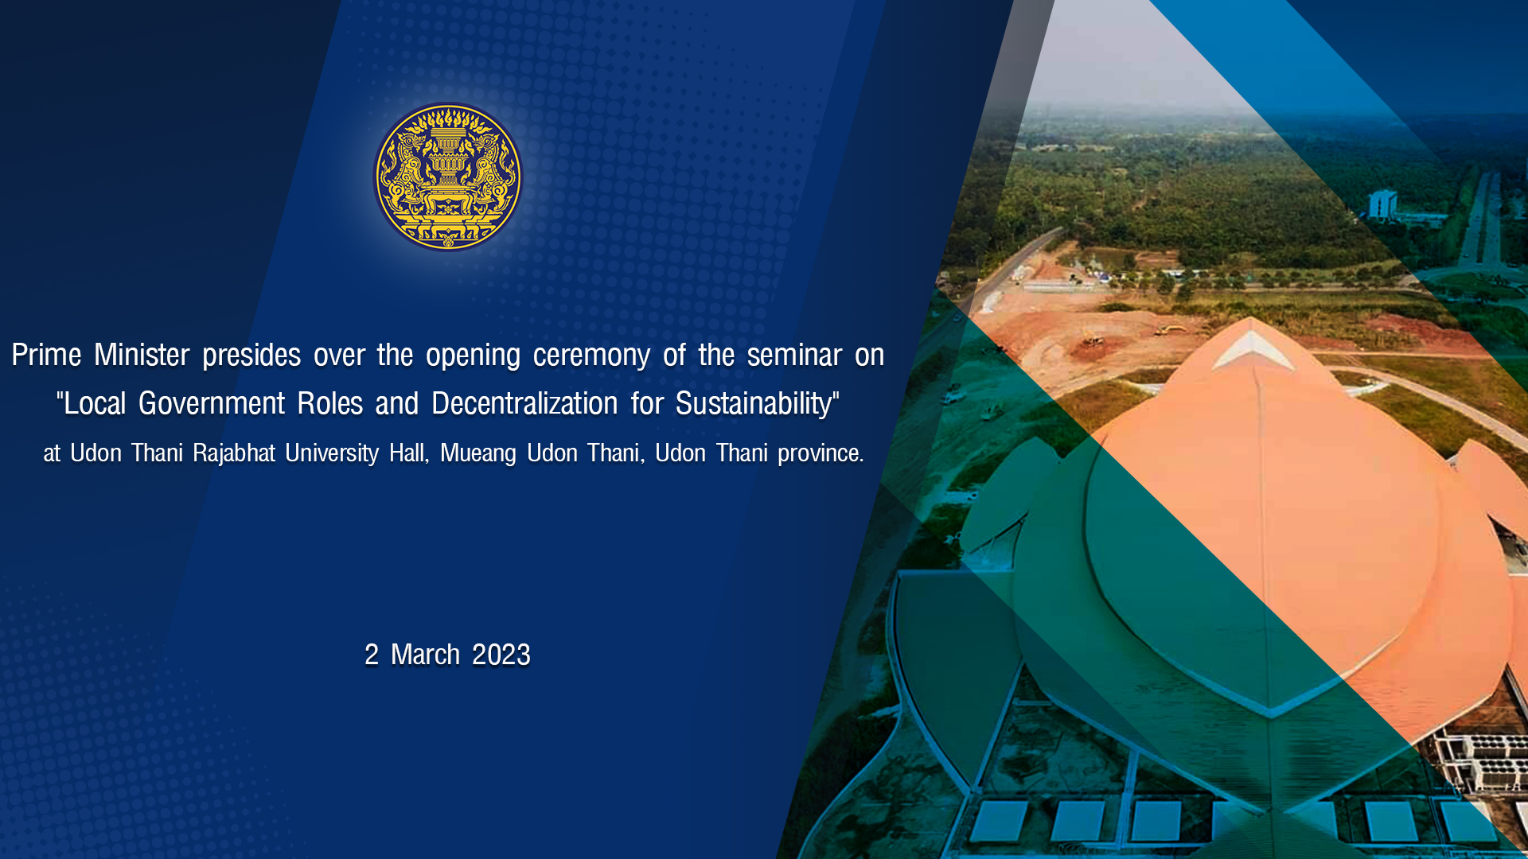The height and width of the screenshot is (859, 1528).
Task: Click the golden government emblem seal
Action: [x=448, y=177]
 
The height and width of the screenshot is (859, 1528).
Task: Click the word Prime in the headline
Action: [x=46, y=355]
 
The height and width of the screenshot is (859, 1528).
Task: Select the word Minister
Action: [x=142, y=355]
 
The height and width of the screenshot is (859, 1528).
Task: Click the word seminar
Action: [x=794, y=355]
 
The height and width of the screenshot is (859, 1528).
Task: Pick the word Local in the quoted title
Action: [x=95, y=403]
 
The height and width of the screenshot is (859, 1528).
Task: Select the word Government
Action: [x=212, y=403]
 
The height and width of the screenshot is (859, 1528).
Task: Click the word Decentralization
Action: [x=524, y=403]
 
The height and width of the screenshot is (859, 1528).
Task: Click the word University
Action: [x=332, y=453]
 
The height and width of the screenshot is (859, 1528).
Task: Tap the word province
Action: [x=821, y=454]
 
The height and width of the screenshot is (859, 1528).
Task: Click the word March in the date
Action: [x=425, y=655]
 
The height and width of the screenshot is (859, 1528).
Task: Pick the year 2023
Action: [x=501, y=655]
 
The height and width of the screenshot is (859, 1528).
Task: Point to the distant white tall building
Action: [x=1382, y=204]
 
